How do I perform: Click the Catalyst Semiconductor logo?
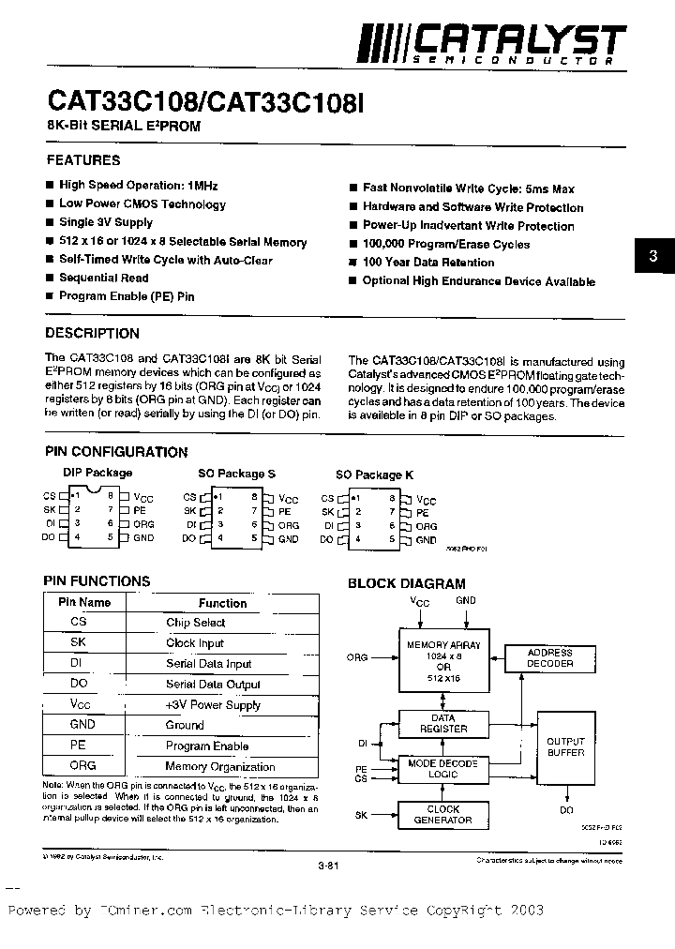493,45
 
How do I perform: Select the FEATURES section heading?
83,160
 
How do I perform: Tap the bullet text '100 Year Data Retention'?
427,263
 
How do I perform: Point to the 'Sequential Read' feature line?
103,278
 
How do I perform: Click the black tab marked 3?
654,256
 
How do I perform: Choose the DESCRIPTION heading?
92,333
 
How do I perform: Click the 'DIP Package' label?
97,473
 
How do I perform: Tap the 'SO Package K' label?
374,474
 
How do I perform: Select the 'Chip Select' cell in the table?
195,623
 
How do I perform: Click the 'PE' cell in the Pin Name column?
78,746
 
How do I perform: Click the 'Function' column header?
222,603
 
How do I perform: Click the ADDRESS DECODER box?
549,657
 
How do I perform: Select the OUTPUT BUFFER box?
565,747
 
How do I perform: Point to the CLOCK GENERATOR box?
443,814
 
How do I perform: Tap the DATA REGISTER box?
443,723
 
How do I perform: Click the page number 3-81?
327,866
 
